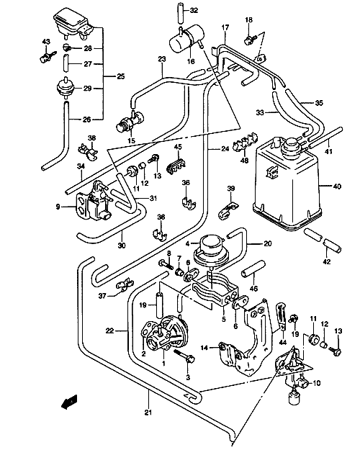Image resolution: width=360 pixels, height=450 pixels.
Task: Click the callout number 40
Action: [337, 186]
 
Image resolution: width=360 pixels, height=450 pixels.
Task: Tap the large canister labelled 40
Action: [286, 184]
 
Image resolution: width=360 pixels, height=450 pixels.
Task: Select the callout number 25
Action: [121, 76]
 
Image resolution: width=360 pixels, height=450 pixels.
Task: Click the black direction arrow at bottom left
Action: [69, 401]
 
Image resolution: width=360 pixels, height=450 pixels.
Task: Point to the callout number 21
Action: [148, 413]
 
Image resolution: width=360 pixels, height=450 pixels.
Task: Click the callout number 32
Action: [194, 11]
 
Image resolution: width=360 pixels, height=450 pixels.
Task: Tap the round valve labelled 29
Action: [65, 86]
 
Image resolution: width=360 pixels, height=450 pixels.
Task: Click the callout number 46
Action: [253, 288]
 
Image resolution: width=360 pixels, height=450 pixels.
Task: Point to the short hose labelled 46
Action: [253, 269]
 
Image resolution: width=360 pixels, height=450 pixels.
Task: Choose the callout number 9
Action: [58, 207]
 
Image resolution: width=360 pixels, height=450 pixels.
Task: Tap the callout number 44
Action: [283, 342]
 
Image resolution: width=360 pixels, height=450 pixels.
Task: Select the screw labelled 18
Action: [249, 40]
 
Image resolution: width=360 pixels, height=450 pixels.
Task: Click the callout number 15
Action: [131, 141]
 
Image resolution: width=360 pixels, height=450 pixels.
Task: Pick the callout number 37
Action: [102, 296]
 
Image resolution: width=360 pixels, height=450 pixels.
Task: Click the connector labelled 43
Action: [48, 55]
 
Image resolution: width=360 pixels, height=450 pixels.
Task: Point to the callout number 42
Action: [327, 262]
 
